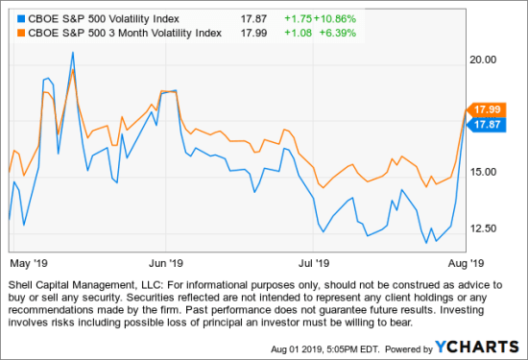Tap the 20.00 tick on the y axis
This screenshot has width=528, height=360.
tap(486, 60)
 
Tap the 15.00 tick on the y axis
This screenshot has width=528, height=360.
tap(486, 172)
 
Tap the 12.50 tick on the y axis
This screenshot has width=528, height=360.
tap(486, 228)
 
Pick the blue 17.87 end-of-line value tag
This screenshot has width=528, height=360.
tap(483, 125)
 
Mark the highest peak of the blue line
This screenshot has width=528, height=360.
tap(73, 53)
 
